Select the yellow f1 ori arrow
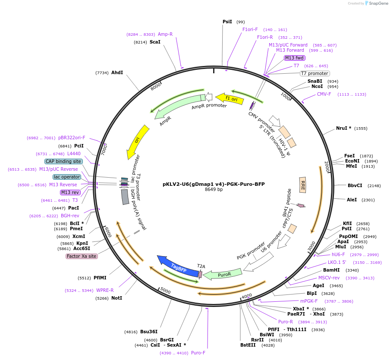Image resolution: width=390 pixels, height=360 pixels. tap(227, 99)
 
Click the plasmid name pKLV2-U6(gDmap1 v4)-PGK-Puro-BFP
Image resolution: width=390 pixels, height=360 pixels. tap(214, 184)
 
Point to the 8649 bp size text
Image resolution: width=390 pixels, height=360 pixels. tap(214, 189)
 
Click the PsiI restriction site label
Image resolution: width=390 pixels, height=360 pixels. tap(227, 22)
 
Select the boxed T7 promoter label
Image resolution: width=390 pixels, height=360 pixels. tap(315, 73)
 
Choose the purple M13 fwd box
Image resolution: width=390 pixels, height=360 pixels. tap(295, 58)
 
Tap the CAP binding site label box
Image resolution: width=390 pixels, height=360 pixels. tap(63, 161)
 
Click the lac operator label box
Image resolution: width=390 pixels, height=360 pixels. tap(67, 177)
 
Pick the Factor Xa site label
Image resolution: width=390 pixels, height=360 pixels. tap(82, 256)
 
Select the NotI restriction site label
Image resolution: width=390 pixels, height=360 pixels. tap(116, 298)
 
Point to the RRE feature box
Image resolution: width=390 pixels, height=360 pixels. tap(303, 185)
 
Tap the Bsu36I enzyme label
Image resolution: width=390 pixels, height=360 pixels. tap(149, 332)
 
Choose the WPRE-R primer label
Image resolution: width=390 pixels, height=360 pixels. tap(105, 290)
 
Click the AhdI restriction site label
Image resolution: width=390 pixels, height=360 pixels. tap(117, 72)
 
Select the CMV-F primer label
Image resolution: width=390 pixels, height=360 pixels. tap(324, 94)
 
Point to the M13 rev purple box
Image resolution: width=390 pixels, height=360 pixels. tap(70, 192)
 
